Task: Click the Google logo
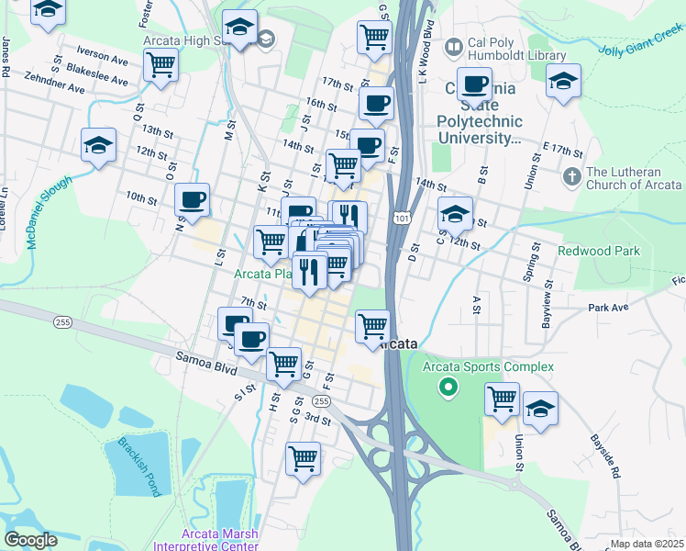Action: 30,540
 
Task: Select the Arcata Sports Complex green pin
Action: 448,388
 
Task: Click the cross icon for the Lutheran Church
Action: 571,174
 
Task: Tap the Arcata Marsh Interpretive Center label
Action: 205,540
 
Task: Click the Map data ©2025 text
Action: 647,544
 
